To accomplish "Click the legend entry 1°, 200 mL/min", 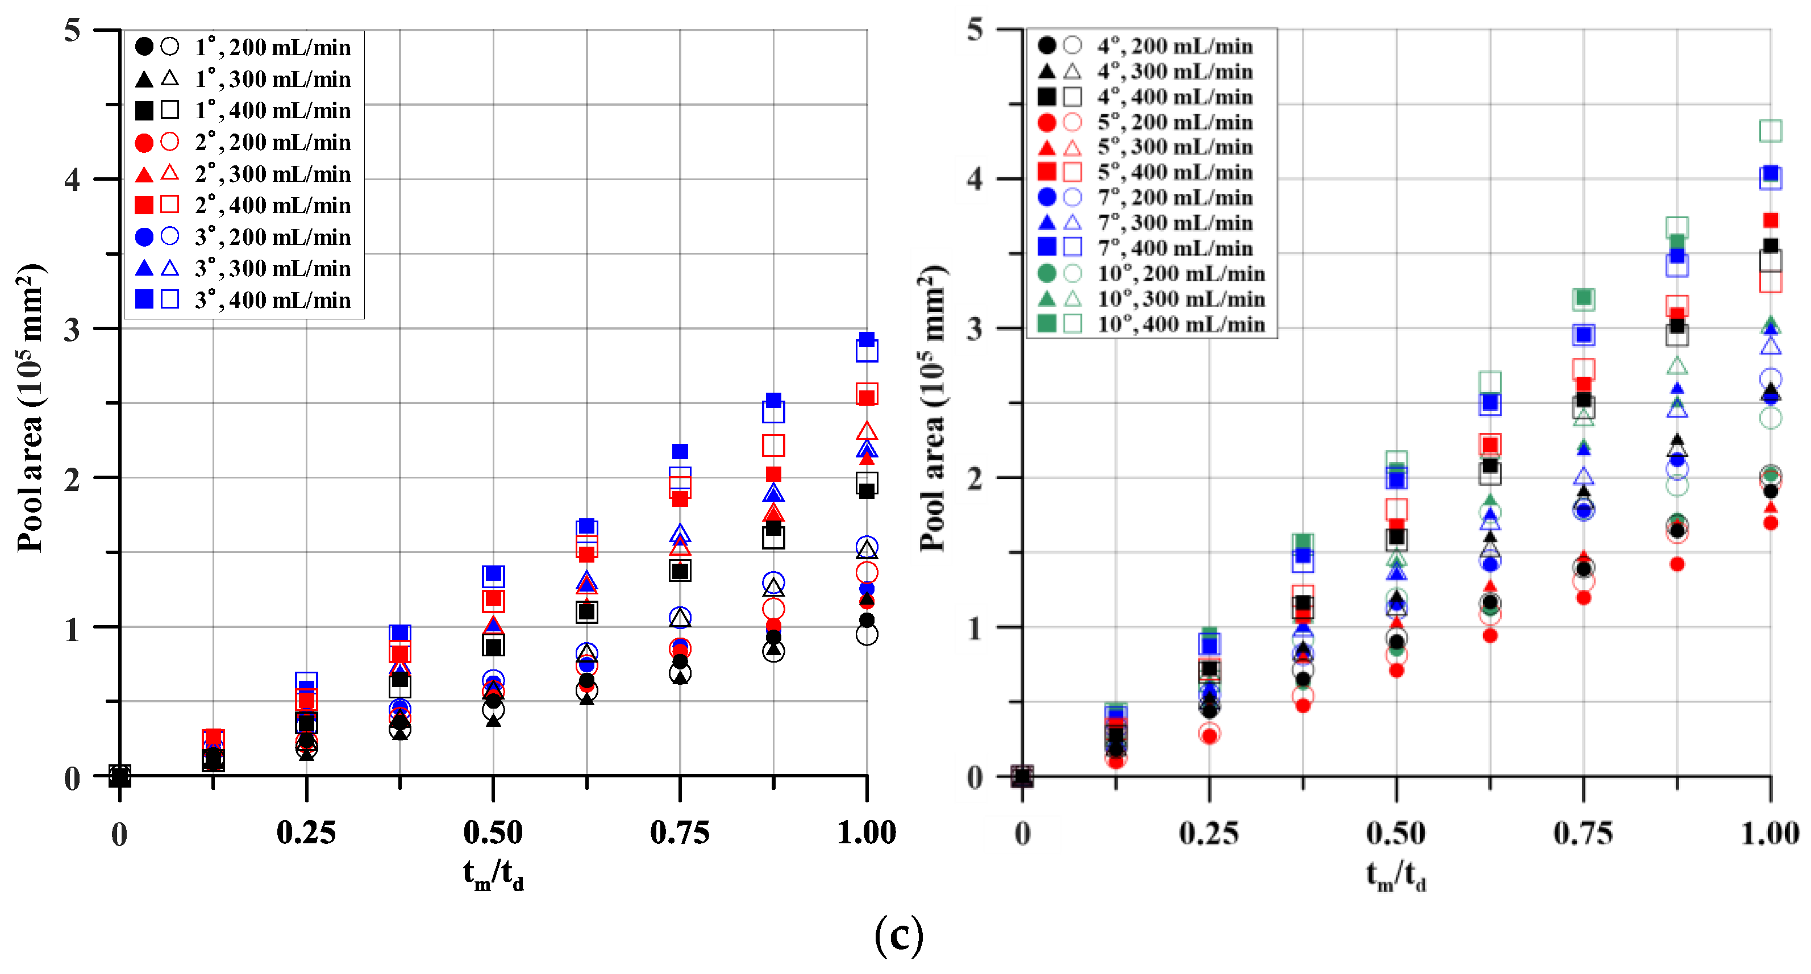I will click(x=272, y=47).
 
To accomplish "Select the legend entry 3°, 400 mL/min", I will click(x=272, y=300).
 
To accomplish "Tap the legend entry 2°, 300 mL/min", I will click(x=272, y=174).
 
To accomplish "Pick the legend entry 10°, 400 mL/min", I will click(x=1181, y=324).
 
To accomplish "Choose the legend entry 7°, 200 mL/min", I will click(x=1175, y=198).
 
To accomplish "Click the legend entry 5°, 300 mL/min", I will click(x=1175, y=147).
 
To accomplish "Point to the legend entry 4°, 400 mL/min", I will click(x=1175, y=97).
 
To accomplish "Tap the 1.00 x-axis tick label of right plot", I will click(x=1770, y=833).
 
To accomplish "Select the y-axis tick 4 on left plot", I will click(x=72, y=180).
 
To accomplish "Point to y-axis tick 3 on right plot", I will click(x=975, y=328).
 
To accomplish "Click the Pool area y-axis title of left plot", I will click(x=30, y=408).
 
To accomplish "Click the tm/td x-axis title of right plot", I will click(x=1396, y=876).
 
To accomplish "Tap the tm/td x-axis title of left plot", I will click(x=493, y=876).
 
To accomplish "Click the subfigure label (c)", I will click(x=898, y=935).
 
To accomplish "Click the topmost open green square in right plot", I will click(x=1770, y=131).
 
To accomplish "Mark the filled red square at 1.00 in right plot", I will click(x=1770, y=221).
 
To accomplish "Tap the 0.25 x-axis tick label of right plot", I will click(x=1209, y=833).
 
